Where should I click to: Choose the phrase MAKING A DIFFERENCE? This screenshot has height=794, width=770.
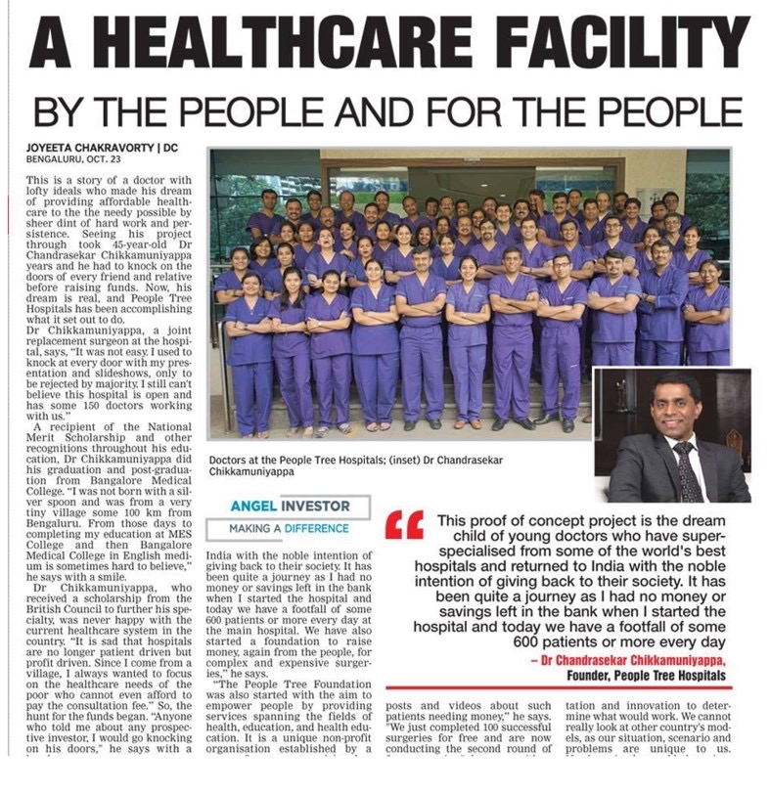coord(289,528)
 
